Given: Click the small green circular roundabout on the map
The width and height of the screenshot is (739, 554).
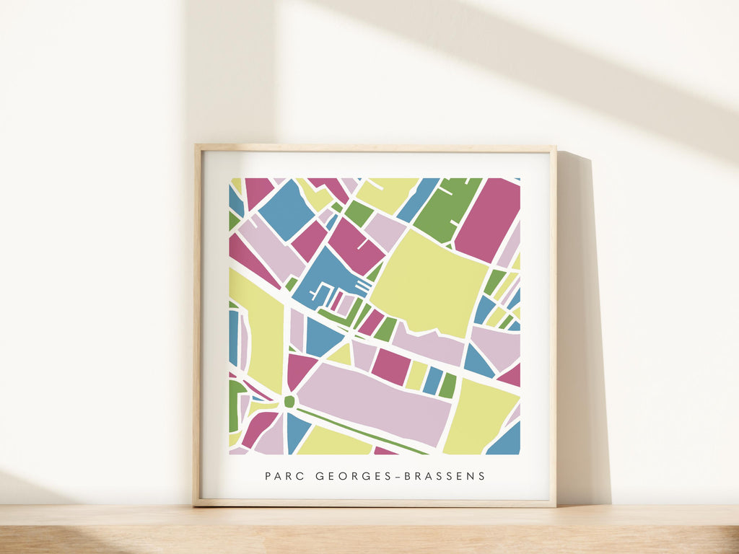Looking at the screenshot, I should click(289, 402).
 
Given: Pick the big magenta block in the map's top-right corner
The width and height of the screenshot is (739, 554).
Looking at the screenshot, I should click(489, 218).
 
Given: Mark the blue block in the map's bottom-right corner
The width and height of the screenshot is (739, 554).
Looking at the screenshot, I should click(506, 441).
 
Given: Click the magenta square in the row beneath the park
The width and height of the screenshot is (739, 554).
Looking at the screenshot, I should click(391, 366).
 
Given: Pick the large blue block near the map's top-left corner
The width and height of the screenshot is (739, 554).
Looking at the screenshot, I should click(287, 209).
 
